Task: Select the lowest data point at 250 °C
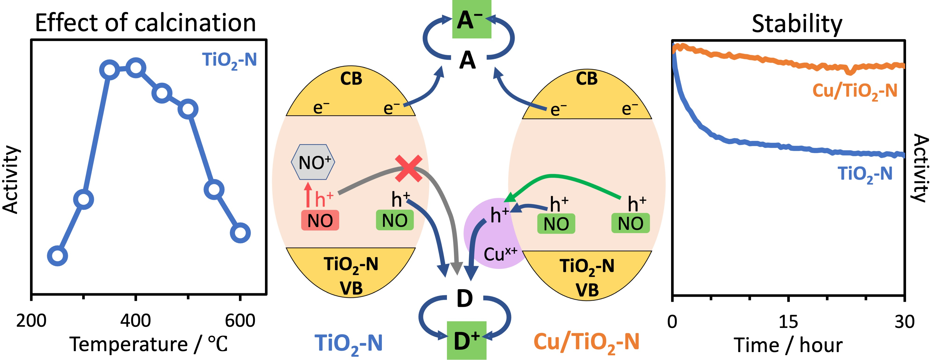pos(57,256)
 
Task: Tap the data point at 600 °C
pos(240,233)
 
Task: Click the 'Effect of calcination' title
pos(145,22)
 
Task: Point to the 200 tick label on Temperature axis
pos(31,321)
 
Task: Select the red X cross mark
pos(409,168)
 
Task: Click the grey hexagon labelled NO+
pos(313,162)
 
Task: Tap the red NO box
pos(320,220)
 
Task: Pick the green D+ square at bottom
pos(467,340)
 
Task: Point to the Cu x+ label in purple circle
pos(500,253)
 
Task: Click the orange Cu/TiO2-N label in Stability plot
pos(855,91)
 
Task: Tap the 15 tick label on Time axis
pos(788,321)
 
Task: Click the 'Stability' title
pos(797,24)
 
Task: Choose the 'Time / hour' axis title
pos(788,345)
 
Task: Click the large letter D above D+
pos(465,299)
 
